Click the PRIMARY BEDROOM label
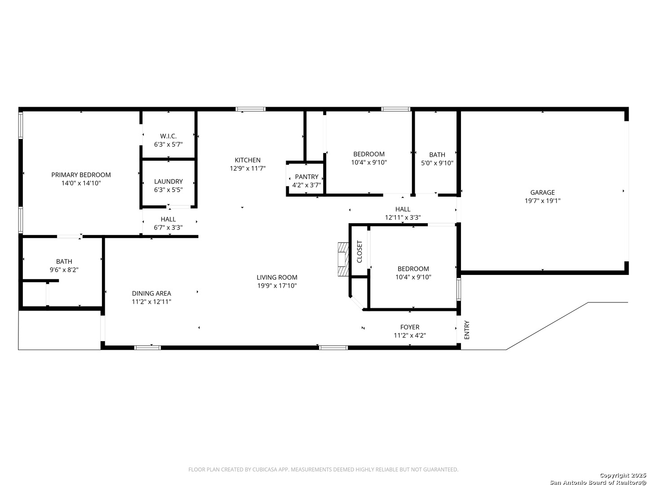coord(81,175)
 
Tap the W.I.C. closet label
coord(168,136)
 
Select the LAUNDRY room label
coord(168,181)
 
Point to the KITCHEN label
coord(248,160)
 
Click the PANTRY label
coord(306,177)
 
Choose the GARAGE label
coord(542,193)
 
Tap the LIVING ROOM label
coord(277,277)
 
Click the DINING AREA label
coord(151,293)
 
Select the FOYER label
coord(410,327)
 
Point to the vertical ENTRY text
coord(467,330)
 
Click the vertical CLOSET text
coord(359,252)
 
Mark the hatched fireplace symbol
coord(343,259)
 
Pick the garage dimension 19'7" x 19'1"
coord(542,201)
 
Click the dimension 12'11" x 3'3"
coord(403,217)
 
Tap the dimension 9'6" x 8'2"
coord(64,270)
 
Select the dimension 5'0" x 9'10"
coord(437,163)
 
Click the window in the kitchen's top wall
coord(251,109)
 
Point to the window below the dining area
coord(148,347)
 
